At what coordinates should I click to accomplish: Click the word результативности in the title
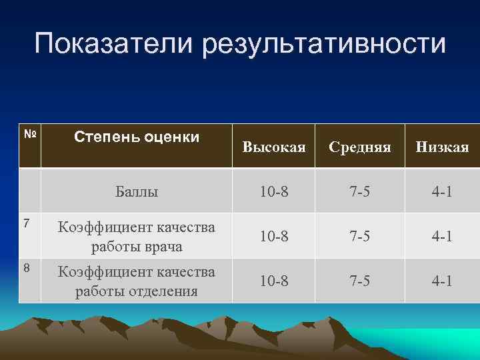[325, 44]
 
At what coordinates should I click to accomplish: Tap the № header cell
[29, 133]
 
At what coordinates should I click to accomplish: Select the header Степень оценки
[137, 137]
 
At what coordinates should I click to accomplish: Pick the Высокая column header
[274, 147]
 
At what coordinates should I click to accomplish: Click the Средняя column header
[360, 147]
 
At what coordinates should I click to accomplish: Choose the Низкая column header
[442, 147]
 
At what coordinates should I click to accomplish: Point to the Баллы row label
[137, 192]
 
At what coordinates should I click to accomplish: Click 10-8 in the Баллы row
[274, 192]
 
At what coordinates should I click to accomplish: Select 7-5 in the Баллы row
[360, 192]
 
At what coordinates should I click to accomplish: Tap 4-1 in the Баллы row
[442, 192]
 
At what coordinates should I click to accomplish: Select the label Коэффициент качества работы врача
[137, 236]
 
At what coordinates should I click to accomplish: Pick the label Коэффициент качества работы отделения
[137, 281]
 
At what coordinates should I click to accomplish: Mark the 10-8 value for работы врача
[274, 236]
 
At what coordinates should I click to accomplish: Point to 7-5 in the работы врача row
[360, 236]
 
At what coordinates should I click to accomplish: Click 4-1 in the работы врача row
[442, 236]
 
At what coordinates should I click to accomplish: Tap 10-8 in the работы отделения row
[274, 281]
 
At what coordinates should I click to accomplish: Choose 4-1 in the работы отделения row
[442, 281]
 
